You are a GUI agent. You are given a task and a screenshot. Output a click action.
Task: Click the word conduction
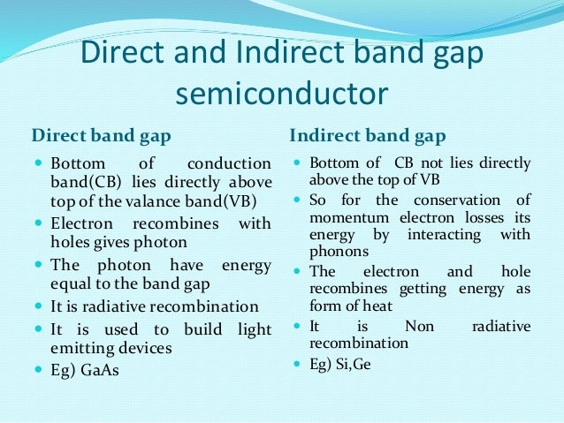(229, 164)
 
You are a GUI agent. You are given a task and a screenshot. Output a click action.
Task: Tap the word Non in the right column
(419, 327)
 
